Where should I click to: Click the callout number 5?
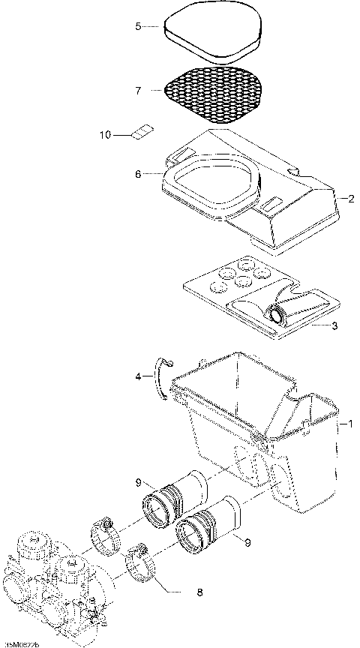(138, 27)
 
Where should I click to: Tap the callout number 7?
(138, 91)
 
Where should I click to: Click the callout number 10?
(105, 135)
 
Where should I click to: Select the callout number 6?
(138, 174)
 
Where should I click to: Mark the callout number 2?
(351, 199)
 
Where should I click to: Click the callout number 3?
(335, 326)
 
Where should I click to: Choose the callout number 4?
(138, 377)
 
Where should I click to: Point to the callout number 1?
(346, 424)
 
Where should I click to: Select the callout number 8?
(199, 592)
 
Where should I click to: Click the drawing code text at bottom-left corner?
(21, 643)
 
